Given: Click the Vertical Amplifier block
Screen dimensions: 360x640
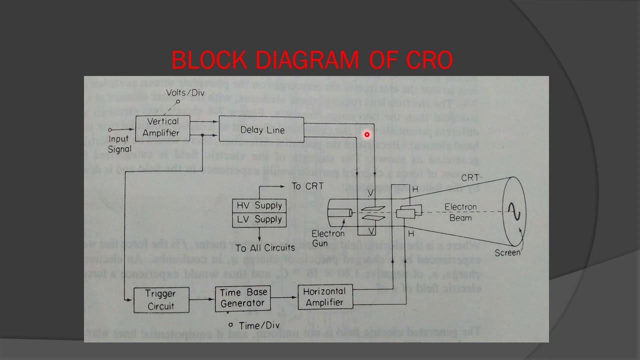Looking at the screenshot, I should point(162,127).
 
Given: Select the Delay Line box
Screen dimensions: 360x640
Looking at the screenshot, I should point(261,130).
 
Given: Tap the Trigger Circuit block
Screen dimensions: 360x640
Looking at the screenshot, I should point(161,299).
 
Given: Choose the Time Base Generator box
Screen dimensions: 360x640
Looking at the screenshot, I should point(243,298).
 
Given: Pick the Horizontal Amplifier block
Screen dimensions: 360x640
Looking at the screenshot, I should point(324,297).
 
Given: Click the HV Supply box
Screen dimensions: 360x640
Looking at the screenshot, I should point(259,205).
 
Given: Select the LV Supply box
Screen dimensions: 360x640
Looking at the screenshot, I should point(259,219).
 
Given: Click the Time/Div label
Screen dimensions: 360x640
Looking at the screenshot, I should point(256,325).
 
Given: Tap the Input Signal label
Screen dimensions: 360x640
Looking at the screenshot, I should point(119,144).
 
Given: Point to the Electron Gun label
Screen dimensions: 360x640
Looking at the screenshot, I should point(328,238).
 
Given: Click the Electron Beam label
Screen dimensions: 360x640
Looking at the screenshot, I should point(460,212).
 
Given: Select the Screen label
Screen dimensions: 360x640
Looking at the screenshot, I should point(507,252).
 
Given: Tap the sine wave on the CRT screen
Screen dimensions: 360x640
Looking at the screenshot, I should point(514,211).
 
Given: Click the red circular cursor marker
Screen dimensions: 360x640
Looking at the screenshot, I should point(367,134).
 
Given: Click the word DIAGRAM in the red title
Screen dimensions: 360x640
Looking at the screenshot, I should point(306,60).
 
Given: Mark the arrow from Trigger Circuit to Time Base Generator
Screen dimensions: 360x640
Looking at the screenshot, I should point(202,299).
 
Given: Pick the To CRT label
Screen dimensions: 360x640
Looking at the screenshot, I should point(307,186).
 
